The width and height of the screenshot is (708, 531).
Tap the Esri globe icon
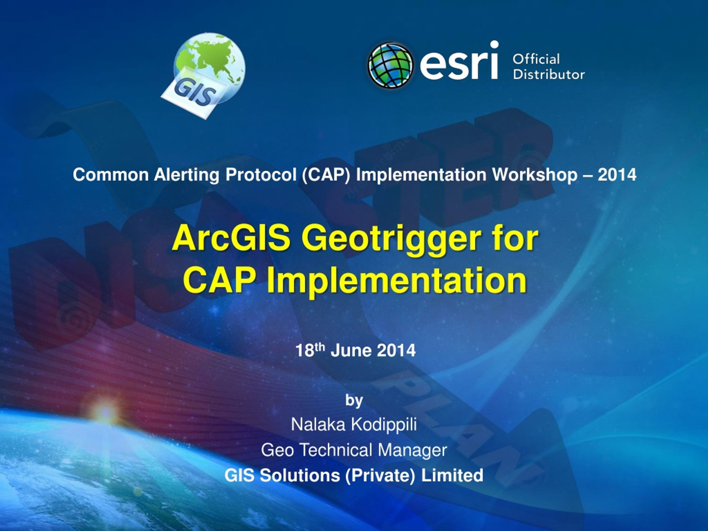click(390, 65)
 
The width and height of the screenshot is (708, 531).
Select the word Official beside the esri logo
click(536, 59)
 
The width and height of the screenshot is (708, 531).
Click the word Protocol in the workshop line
click(261, 175)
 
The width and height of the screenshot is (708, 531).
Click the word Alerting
click(187, 175)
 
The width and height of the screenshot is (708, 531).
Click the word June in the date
click(350, 350)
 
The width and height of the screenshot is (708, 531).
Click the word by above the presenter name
click(354, 400)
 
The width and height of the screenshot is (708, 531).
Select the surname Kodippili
click(384, 425)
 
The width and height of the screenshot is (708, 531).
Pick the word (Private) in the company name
click(380, 475)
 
